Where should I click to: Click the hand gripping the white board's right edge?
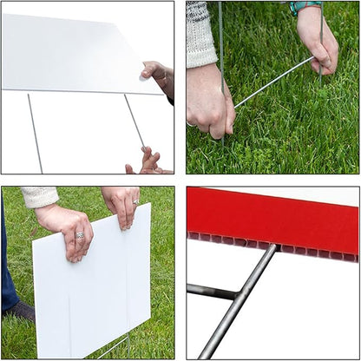pyautogui.click(x=159, y=75)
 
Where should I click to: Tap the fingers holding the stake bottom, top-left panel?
pyautogui.click(x=148, y=161)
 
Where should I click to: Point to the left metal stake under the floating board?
pyautogui.click(x=34, y=131)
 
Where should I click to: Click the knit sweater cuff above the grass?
pyautogui.click(x=200, y=36)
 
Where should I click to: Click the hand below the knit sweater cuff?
pyautogui.click(x=208, y=100)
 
